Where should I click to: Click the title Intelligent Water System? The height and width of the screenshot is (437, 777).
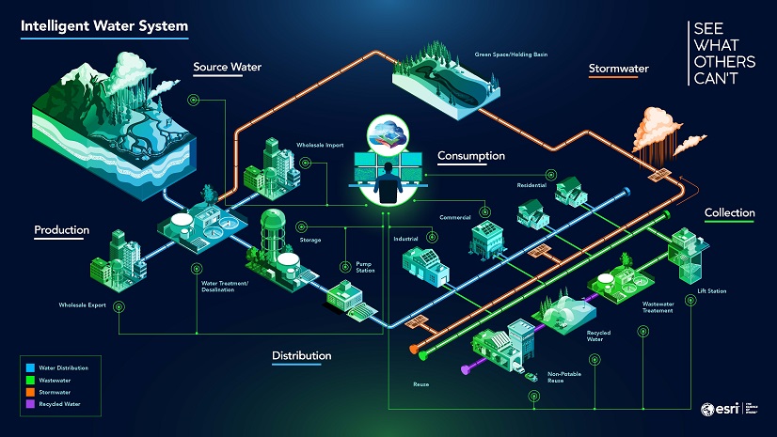click(x=103, y=25)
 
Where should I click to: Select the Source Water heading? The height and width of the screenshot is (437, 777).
click(x=227, y=68)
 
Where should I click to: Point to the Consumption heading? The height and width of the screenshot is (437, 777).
click(x=471, y=155)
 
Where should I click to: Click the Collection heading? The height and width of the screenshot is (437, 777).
click(x=729, y=213)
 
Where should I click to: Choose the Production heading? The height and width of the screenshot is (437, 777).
click(x=62, y=230)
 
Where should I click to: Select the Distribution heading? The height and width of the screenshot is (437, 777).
click(x=301, y=355)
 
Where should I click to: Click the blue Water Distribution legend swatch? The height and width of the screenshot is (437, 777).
click(x=30, y=368)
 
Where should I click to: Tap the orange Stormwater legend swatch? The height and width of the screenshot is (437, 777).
click(x=30, y=391)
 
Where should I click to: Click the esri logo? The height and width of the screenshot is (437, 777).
click(x=721, y=409)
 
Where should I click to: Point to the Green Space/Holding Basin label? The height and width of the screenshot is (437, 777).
click(x=514, y=55)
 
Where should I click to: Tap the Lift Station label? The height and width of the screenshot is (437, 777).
click(x=711, y=291)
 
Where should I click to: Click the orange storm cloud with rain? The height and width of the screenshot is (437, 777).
click(x=658, y=132)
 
